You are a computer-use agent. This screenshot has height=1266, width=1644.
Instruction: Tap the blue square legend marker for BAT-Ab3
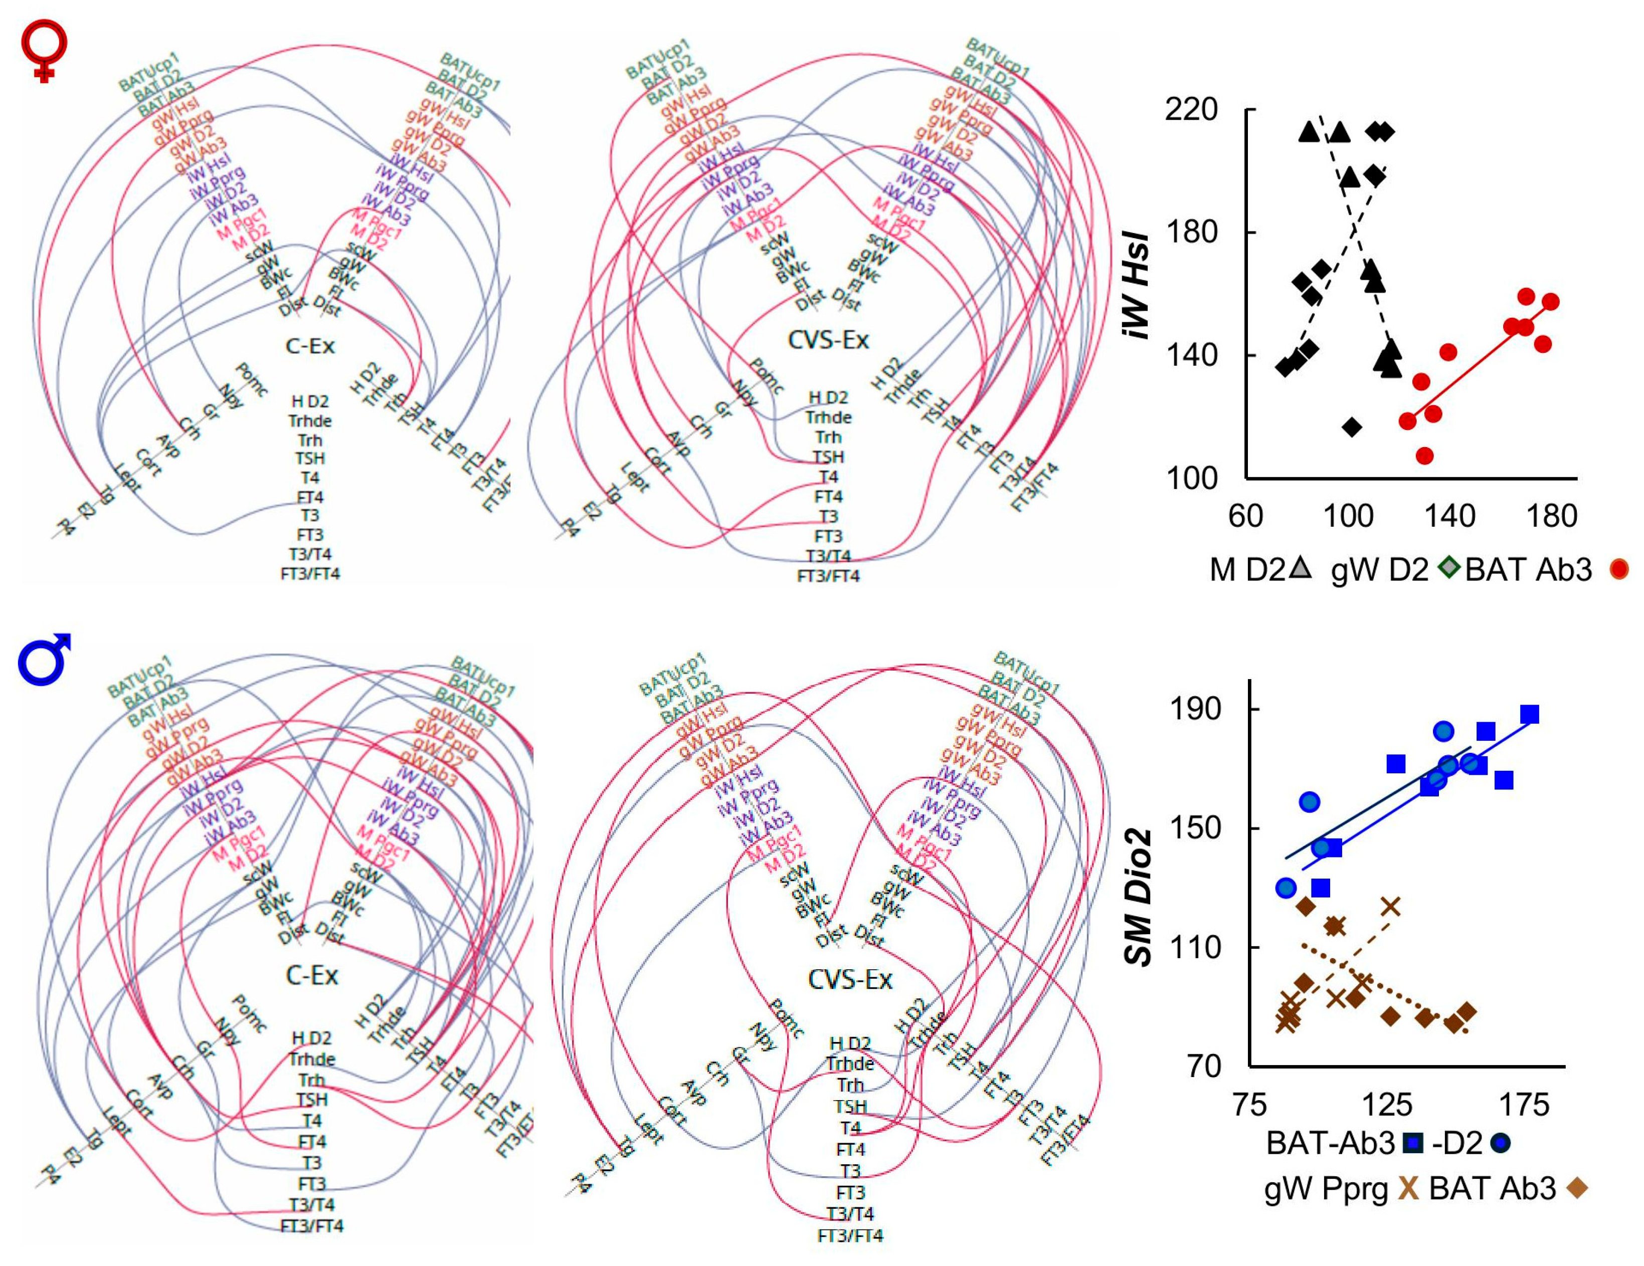1414,1143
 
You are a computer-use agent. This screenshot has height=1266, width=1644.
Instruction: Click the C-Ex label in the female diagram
309,346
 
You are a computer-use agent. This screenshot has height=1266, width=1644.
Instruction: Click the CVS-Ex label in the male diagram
850,979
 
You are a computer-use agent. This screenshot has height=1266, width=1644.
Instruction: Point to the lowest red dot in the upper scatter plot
1424,456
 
